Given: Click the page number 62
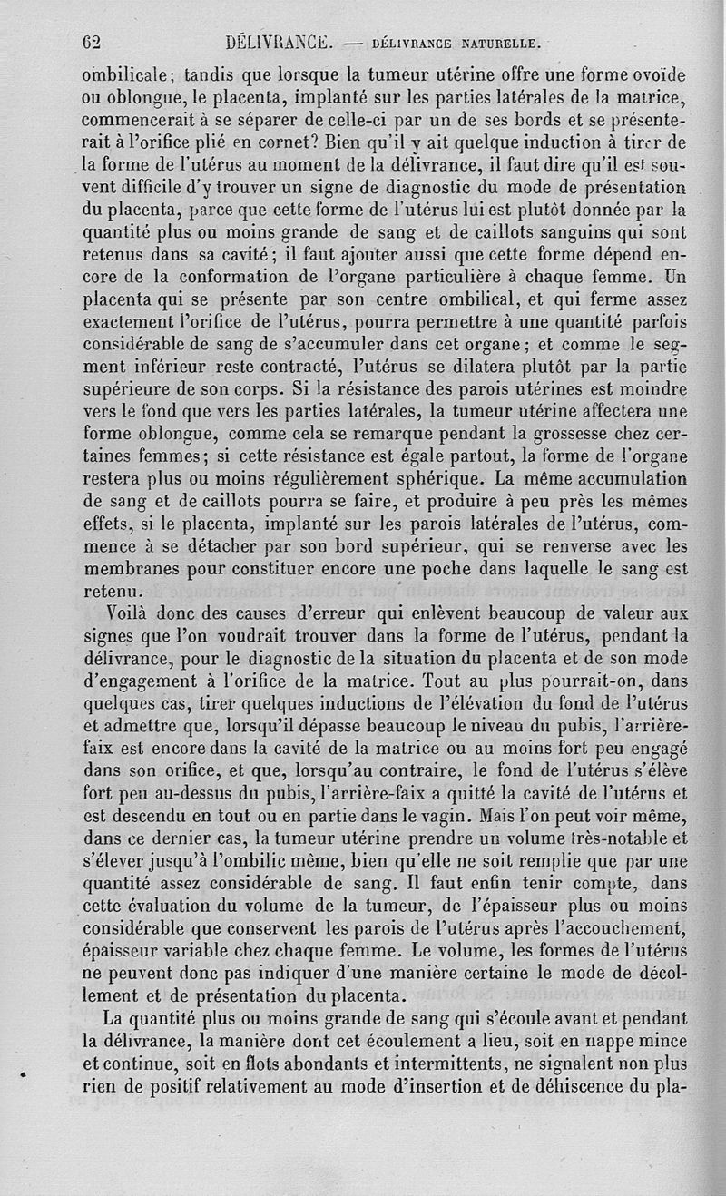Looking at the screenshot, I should [x=90, y=41].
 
